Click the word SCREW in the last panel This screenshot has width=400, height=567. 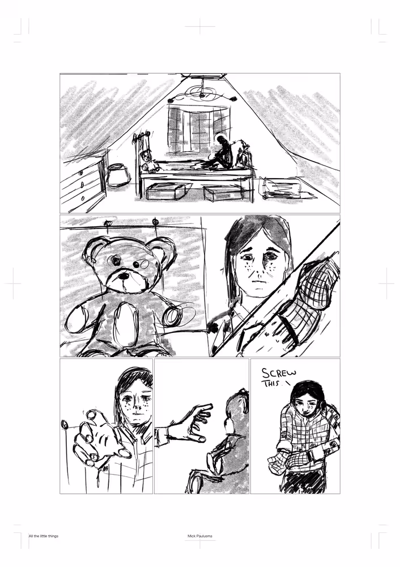[279, 374]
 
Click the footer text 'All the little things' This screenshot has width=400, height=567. [44, 536]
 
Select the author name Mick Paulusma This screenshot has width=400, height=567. [200, 536]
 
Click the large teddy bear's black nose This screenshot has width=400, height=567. [124, 276]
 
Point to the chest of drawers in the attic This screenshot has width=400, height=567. [84, 181]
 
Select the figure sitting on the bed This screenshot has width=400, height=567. [224, 154]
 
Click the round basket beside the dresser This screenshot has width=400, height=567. [118, 175]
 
